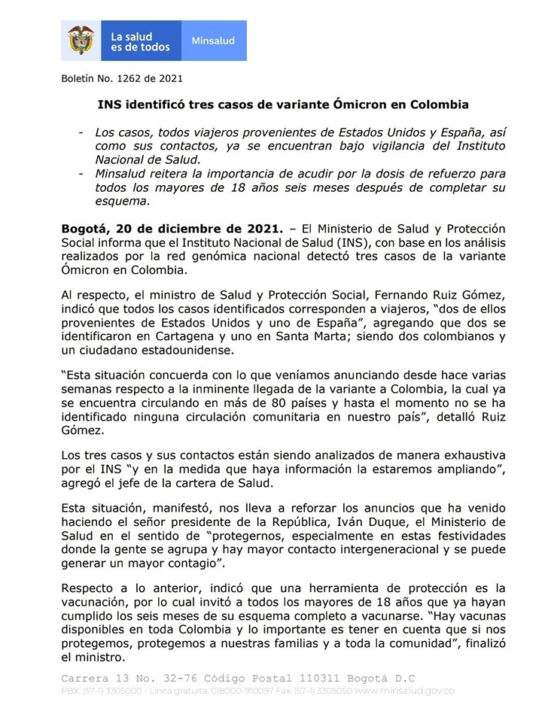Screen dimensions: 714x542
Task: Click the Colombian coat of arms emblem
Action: tap(81, 40)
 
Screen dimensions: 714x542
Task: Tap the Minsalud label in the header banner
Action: tap(213, 41)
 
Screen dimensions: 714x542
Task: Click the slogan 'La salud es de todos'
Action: tap(141, 41)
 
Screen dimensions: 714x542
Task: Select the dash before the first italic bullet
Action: tap(81, 132)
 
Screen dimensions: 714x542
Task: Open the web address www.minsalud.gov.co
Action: tap(406, 691)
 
